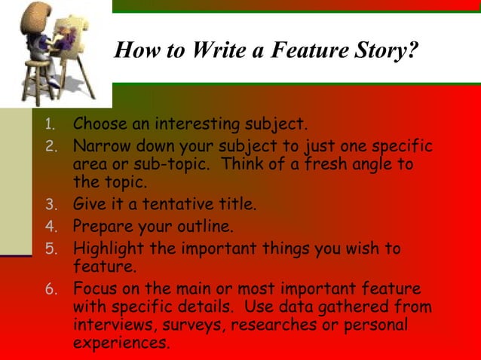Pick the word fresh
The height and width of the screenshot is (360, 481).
330,163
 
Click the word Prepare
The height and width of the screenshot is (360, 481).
100,224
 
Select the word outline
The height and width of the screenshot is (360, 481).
207,224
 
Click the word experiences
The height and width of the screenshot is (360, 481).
120,343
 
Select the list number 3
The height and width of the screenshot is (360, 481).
50,204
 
